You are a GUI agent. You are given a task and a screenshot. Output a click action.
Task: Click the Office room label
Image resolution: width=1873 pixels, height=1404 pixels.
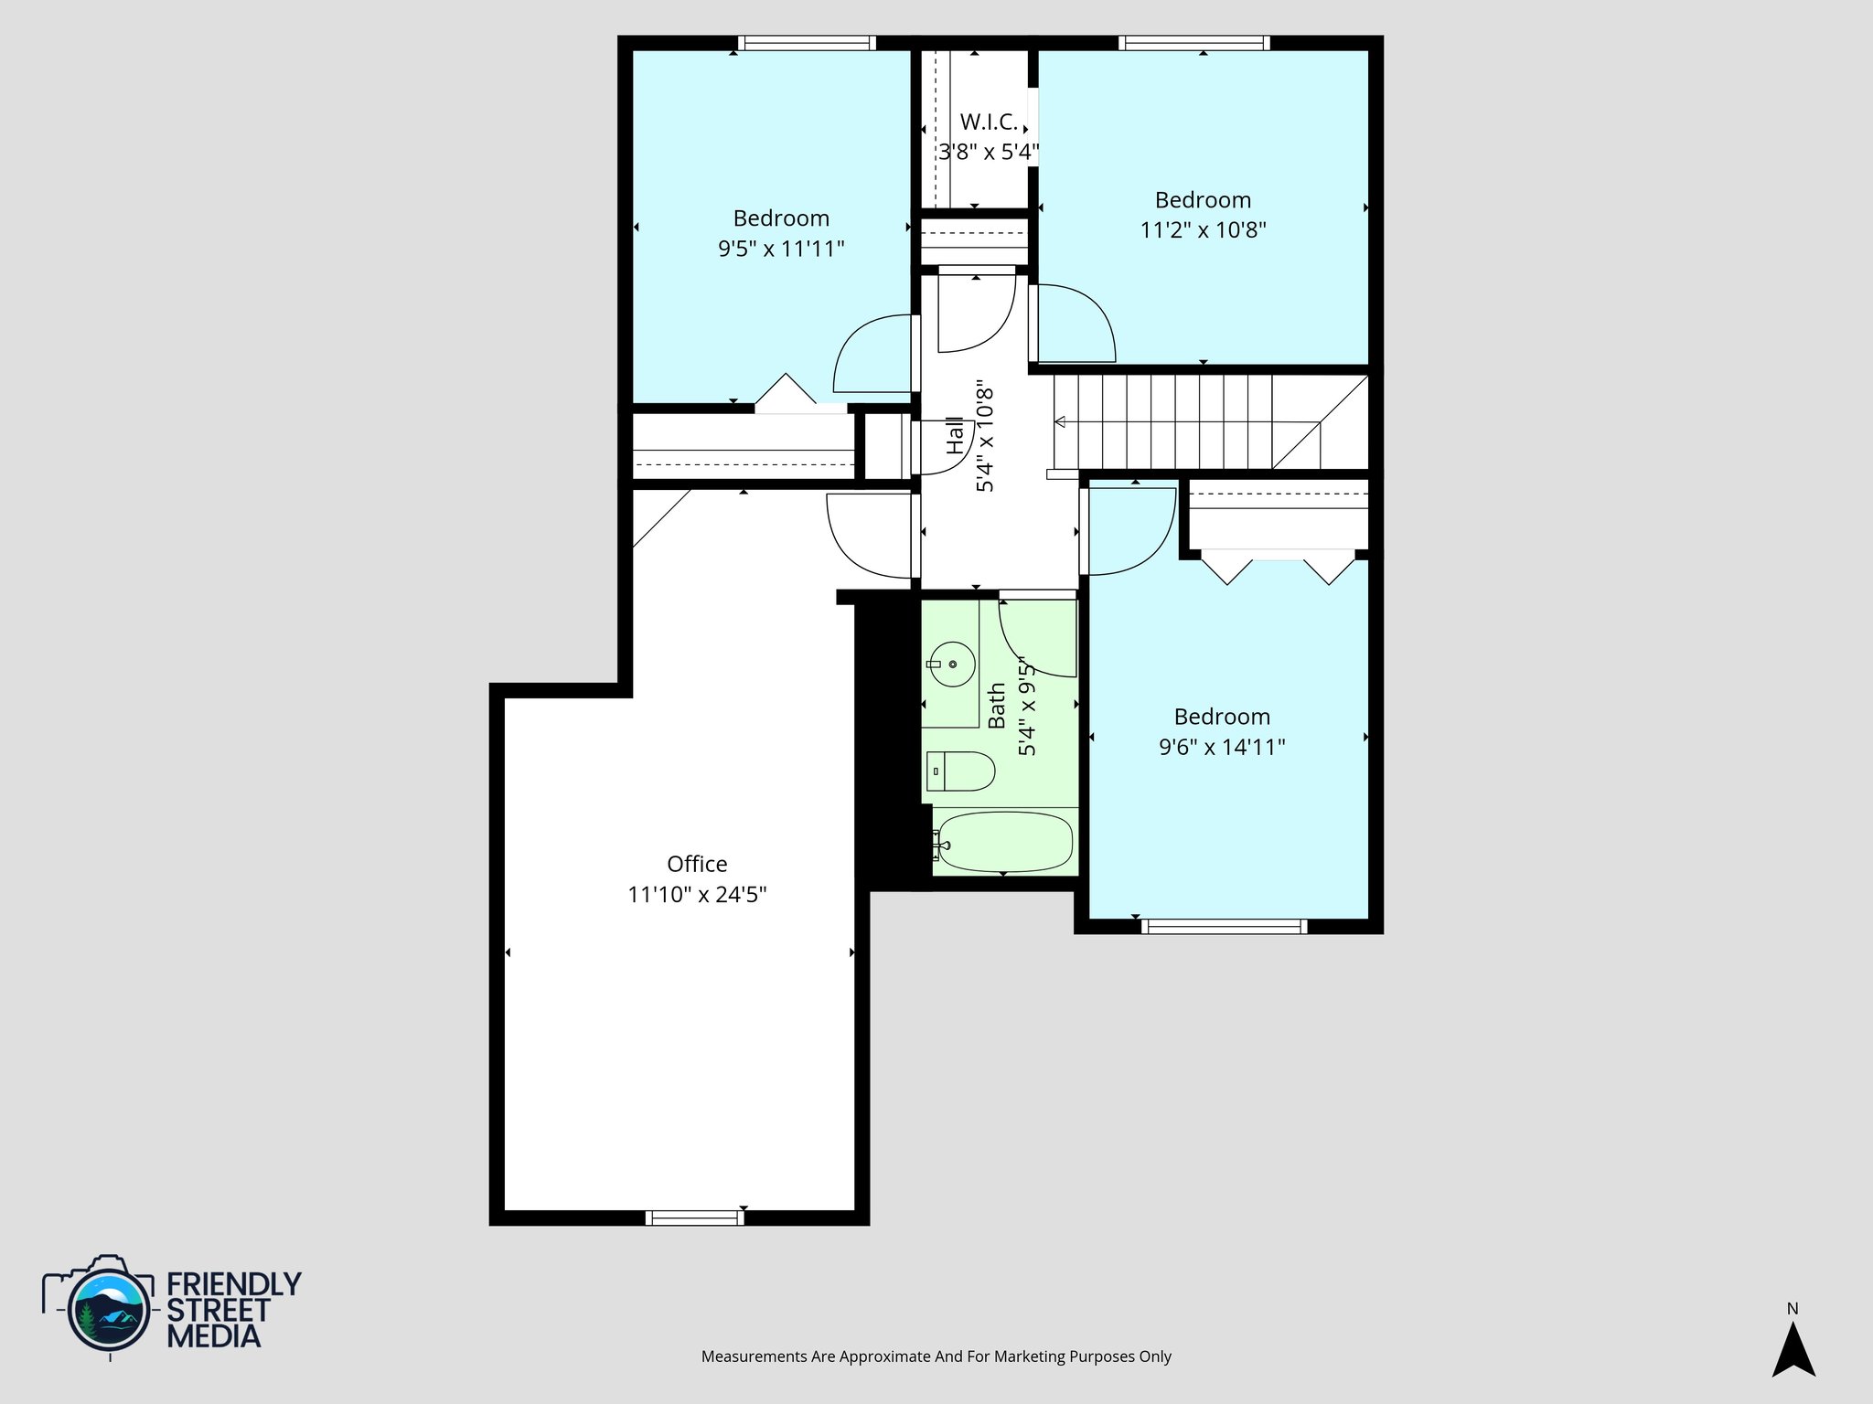pyautogui.click(x=697, y=864)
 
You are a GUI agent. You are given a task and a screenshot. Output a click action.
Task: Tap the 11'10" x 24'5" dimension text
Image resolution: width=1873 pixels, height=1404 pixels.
pyautogui.click(x=697, y=894)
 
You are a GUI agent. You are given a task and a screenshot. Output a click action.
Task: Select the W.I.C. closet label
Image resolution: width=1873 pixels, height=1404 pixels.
pyautogui.click(x=989, y=122)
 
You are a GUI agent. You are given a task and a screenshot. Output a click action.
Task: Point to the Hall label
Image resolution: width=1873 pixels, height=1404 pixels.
pyautogui.click(x=955, y=436)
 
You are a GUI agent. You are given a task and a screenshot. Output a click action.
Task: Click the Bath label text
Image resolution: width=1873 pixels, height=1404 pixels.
pyautogui.click(x=997, y=706)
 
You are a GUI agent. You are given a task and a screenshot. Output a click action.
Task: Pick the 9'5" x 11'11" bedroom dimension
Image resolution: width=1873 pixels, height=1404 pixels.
pyautogui.click(x=781, y=249)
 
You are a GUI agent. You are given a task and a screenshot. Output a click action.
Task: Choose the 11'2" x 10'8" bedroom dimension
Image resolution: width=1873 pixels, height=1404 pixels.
pyautogui.click(x=1203, y=229)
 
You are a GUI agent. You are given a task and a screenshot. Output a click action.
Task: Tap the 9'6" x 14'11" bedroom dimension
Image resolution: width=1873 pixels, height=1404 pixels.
pyautogui.click(x=1222, y=747)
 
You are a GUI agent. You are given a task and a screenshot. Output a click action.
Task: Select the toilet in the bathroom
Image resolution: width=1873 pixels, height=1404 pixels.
pyautogui.click(x=960, y=771)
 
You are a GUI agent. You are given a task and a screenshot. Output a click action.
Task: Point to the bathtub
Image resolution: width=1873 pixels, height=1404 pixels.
pyautogui.click(x=1003, y=842)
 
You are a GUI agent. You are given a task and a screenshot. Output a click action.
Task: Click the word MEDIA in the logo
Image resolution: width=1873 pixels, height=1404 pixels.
pyautogui.click(x=213, y=1336)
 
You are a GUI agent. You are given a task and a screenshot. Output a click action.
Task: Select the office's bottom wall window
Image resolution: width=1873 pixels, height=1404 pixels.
pyautogui.click(x=694, y=1218)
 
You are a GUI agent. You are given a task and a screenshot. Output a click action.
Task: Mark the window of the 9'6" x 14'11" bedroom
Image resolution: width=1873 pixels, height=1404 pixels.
pyautogui.click(x=1225, y=927)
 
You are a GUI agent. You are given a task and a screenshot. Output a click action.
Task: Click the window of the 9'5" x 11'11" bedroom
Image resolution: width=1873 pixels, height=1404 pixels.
pyautogui.click(x=807, y=43)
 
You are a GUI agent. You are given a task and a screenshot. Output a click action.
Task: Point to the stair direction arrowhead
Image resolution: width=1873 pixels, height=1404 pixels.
pyautogui.click(x=1060, y=422)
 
